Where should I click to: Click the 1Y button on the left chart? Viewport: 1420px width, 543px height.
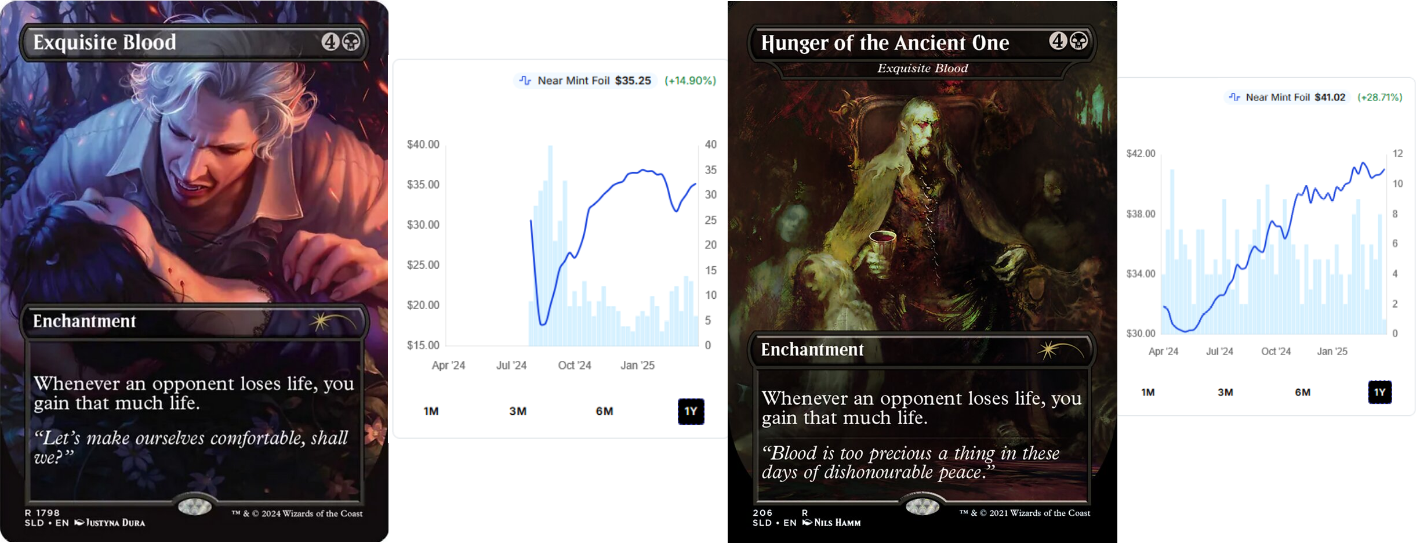[x=691, y=411]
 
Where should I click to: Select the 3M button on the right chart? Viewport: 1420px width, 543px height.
[x=1225, y=392]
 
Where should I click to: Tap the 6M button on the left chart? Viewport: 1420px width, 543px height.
[x=604, y=411]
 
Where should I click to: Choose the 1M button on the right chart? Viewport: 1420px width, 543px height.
[x=1147, y=392]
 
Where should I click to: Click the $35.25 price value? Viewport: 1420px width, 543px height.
[x=633, y=81]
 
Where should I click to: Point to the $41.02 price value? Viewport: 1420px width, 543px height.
[x=1330, y=97]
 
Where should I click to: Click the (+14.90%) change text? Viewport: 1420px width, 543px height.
[x=690, y=81]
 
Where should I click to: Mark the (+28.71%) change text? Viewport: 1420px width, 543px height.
[x=1379, y=97]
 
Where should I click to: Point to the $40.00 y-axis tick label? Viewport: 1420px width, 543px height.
[x=423, y=144]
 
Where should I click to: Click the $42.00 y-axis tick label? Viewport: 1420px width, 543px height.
[x=1141, y=154]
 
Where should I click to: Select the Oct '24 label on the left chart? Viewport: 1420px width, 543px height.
[x=574, y=365]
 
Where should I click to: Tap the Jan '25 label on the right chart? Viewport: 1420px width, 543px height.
[x=1332, y=352]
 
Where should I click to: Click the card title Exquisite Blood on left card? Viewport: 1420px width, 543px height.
[x=104, y=42]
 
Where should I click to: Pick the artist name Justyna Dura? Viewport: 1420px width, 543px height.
[x=115, y=523]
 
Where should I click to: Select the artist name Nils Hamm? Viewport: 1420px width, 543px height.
[x=837, y=523]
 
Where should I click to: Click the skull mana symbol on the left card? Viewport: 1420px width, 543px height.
[x=351, y=42]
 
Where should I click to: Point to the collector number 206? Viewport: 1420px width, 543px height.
[x=762, y=513]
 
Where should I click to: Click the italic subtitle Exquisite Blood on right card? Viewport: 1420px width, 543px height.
[x=923, y=68]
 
